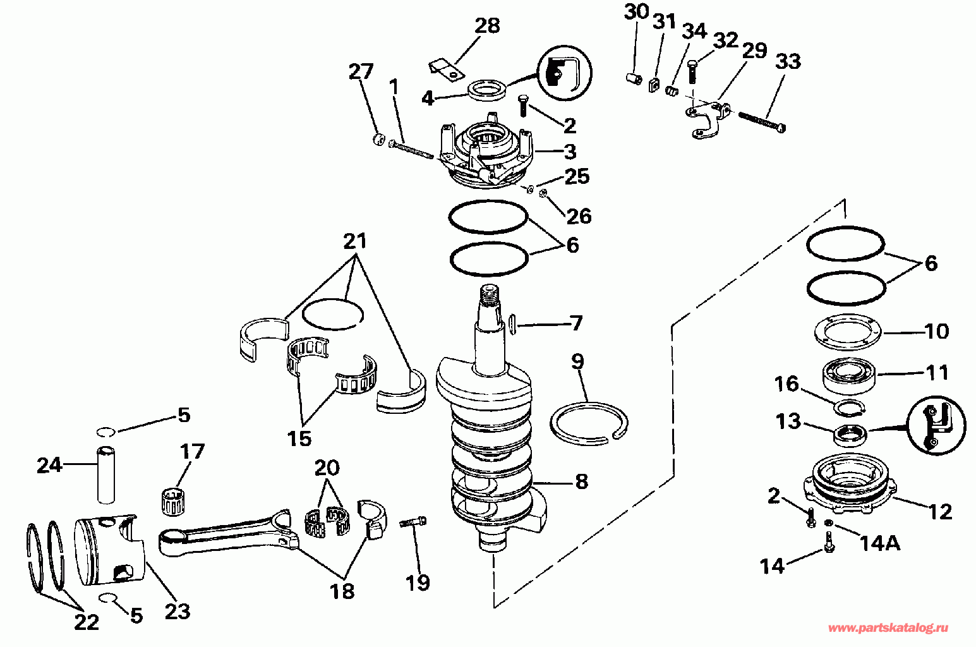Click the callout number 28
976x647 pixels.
click(487, 26)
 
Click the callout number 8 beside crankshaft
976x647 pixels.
click(581, 482)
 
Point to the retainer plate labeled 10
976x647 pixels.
click(847, 331)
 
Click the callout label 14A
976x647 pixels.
click(879, 542)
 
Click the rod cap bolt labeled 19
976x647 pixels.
click(414, 523)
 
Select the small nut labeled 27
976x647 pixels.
click(378, 140)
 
